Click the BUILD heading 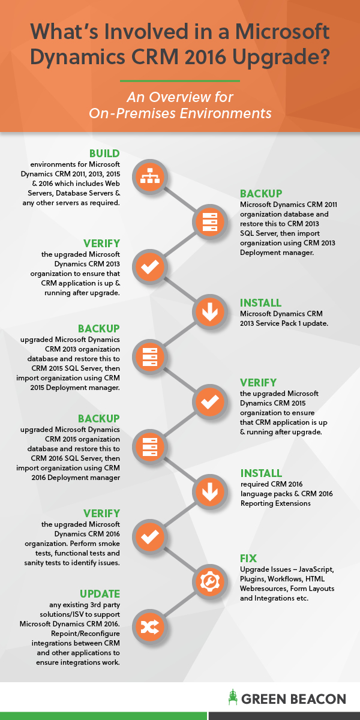click(x=104, y=153)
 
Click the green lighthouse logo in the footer click(x=232, y=697)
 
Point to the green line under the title click(x=180, y=81)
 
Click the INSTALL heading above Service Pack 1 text click(x=260, y=303)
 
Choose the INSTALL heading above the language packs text click(x=260, y=473)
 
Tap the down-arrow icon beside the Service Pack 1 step click(x=209, y=311)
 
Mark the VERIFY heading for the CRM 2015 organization click(x=259, y=382)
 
